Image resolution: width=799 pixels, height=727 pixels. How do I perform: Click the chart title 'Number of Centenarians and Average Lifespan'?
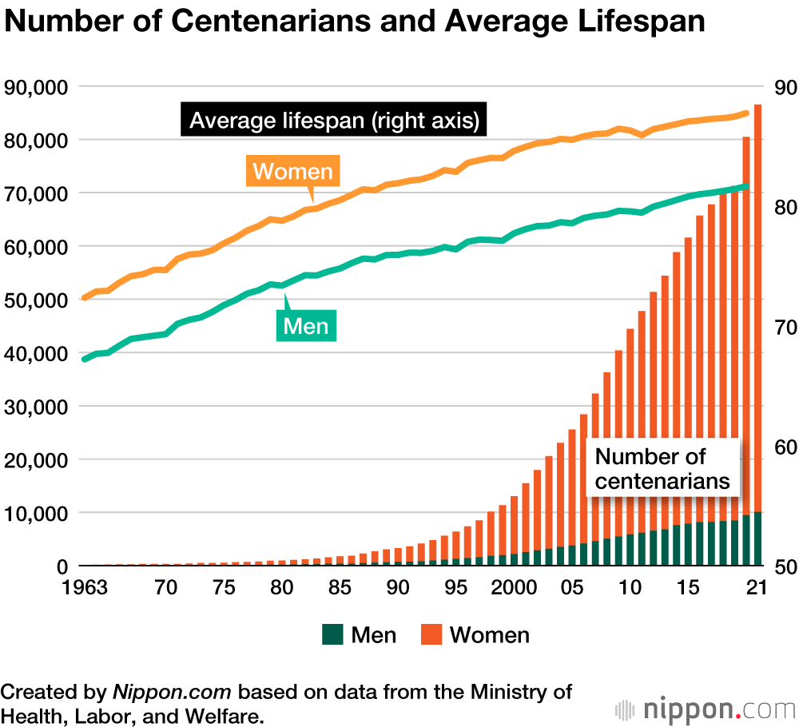pos(355,22)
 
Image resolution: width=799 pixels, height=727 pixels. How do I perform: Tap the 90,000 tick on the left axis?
pos(38,87)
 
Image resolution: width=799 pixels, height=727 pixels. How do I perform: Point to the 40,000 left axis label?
pos(38,353)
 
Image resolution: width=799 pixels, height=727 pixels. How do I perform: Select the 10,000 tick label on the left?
pos(38,513)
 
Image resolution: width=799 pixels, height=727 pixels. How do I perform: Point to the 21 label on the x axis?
pos(756,587)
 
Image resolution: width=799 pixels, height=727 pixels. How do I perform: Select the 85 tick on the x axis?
pos(339,587)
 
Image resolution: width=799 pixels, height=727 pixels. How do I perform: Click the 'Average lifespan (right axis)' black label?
pos(334,121)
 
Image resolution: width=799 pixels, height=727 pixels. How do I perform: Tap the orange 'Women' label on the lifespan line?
pos(292,172)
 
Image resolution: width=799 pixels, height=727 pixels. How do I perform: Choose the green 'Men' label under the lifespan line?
pos(306,326)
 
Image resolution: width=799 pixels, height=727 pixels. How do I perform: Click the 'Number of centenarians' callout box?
pos(662,468)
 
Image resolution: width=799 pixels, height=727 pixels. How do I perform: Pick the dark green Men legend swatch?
pos(332,635)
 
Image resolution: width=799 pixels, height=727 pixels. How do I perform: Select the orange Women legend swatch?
pos(431,635)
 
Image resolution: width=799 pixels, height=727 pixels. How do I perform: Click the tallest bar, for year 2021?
pos(757,320)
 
